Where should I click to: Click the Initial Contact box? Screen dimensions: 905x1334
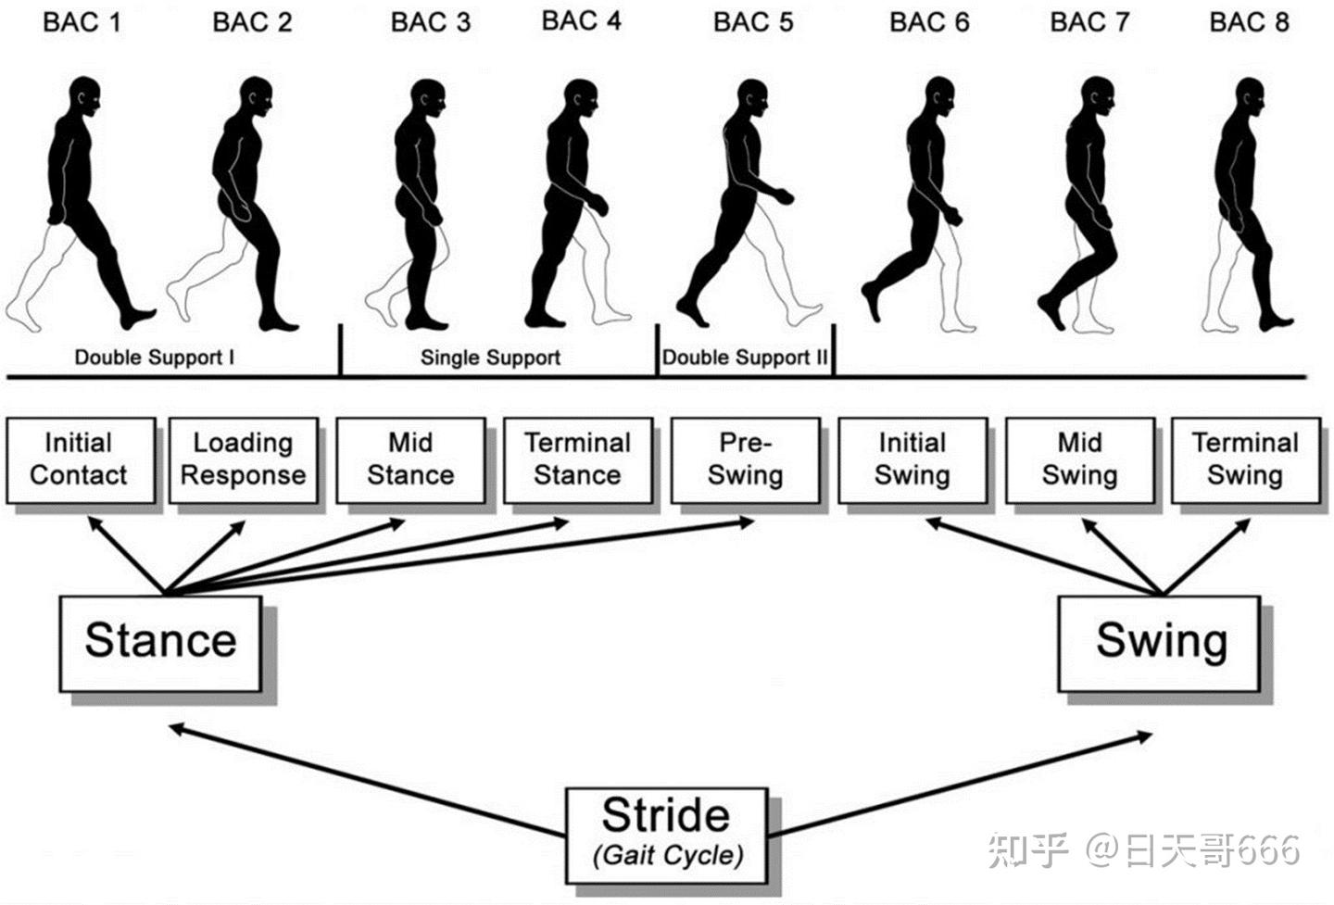(x=79, y=459)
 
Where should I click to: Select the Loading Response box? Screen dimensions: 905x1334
(x=243, y=459)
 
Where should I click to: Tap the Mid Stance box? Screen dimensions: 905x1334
(x=410, y=459)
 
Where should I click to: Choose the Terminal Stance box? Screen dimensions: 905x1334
(x=577, y=459)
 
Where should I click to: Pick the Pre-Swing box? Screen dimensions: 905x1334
(x=745, y=459)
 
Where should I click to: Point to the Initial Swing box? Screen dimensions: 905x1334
(x=912, y=459)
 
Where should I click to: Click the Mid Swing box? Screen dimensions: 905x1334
(x=1079, y=459)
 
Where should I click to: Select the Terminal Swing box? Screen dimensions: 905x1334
(x=1245, y=459)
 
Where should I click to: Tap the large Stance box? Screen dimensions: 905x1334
(x=160, y=642)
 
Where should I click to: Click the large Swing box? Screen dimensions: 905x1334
(x=1160, y=642)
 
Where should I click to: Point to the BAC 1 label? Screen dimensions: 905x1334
(x=82, y=22)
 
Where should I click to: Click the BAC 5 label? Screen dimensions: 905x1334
(x=753, y=22)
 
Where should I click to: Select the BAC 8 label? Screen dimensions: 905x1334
(x=1249, y=22)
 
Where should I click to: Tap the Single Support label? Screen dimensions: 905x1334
(x=490, y=358)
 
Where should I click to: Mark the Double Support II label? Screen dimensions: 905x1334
(x=745, y=358)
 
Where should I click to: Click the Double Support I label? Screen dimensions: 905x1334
(x=154, y=358)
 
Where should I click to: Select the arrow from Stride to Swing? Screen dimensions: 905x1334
(x=963, y=783)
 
